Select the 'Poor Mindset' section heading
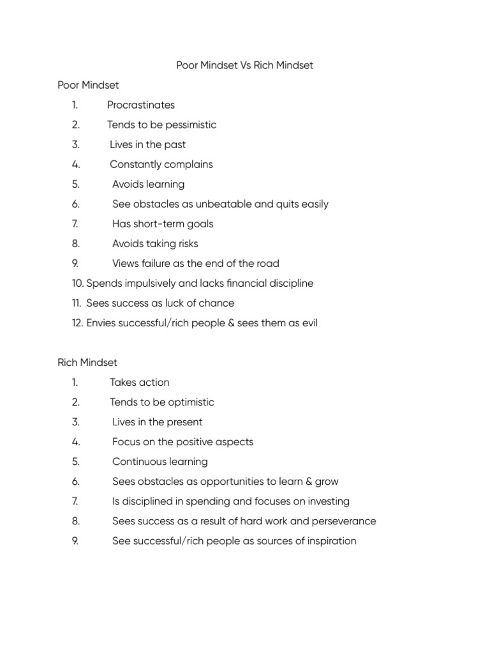(88, 85)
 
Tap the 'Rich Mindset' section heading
(87, 363)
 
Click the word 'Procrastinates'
(141, 105)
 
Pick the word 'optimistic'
(190, 402)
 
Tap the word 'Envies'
(101, 323)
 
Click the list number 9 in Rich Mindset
(75, 541)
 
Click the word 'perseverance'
(345, 521)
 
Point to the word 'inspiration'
(329, 541)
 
